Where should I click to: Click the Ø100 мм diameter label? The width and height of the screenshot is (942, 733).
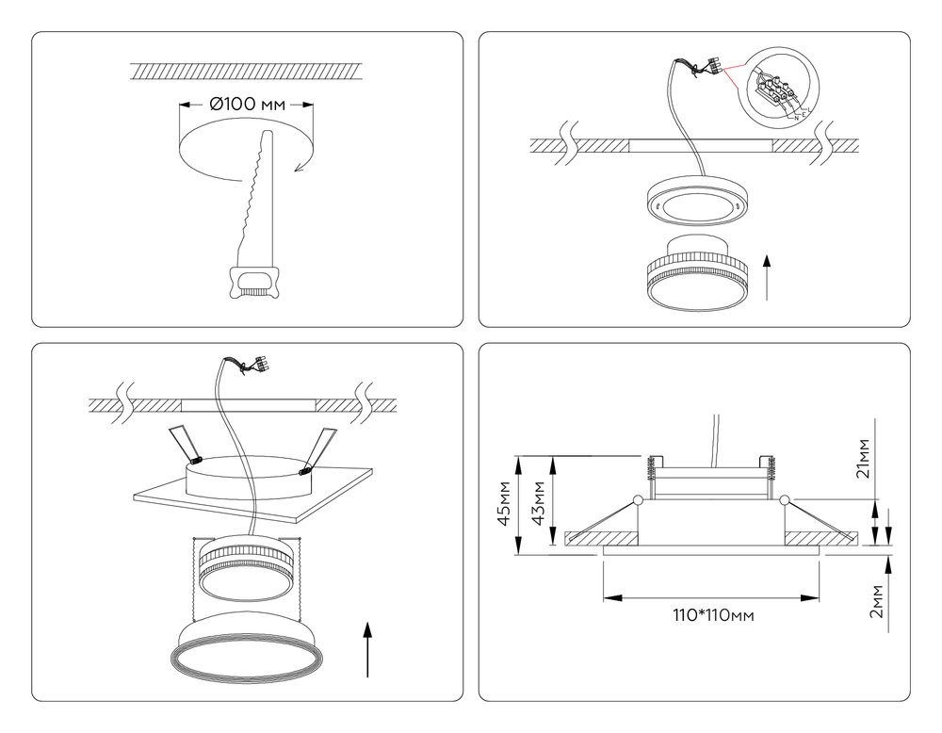(246, 105)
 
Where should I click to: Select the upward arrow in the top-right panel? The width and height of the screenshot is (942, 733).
(771, 275)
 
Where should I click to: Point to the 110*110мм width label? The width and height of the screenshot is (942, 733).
(712, 615)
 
